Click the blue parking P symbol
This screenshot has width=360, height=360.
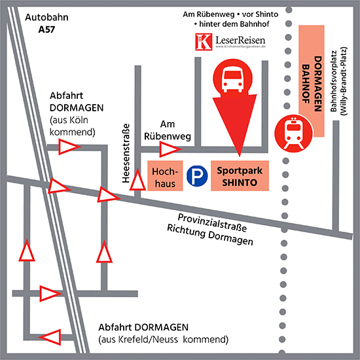(x=197, y=176)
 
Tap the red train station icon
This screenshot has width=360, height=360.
(x=293, y=134)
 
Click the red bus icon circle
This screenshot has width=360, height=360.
(x=232, y=79)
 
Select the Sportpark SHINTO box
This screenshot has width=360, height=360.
(x=240, y=175)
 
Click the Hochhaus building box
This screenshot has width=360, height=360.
(x=165, y=175)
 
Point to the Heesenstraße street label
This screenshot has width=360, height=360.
(x=126, y=153)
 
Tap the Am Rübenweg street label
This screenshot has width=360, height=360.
(x=168, y=130)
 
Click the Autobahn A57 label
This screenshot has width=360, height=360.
(x=46, y=24)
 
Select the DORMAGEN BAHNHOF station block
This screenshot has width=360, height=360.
(x=312, y=81)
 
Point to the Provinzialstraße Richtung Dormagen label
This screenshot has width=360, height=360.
(x=210, y=229)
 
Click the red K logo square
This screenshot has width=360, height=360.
(x=204, y=42)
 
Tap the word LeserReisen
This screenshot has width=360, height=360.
(x=240, y=41)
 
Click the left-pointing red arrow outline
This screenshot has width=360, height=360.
(x=50, y=337)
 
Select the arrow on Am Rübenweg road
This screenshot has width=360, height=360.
(x=171, y=149)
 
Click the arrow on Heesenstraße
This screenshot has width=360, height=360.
(x=137, y=180)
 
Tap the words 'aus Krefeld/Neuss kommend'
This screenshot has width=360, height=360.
(x=164, y=339)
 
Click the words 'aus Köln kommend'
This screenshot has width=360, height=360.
(x=72, y=126)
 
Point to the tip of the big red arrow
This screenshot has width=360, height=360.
(x=240, y=157)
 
